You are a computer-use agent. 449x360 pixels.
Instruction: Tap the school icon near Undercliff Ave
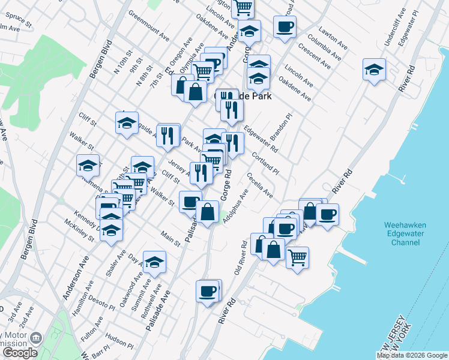374,70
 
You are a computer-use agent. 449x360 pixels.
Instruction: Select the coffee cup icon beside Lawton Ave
285,26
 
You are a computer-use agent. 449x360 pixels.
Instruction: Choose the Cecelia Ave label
259,185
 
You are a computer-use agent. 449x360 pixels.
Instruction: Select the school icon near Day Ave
154,262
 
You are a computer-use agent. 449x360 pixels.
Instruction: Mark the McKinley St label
80,229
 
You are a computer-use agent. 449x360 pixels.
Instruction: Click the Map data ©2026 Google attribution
412,355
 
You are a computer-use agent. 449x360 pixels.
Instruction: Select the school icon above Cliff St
127,123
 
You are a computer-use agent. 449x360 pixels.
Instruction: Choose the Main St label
170,238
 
